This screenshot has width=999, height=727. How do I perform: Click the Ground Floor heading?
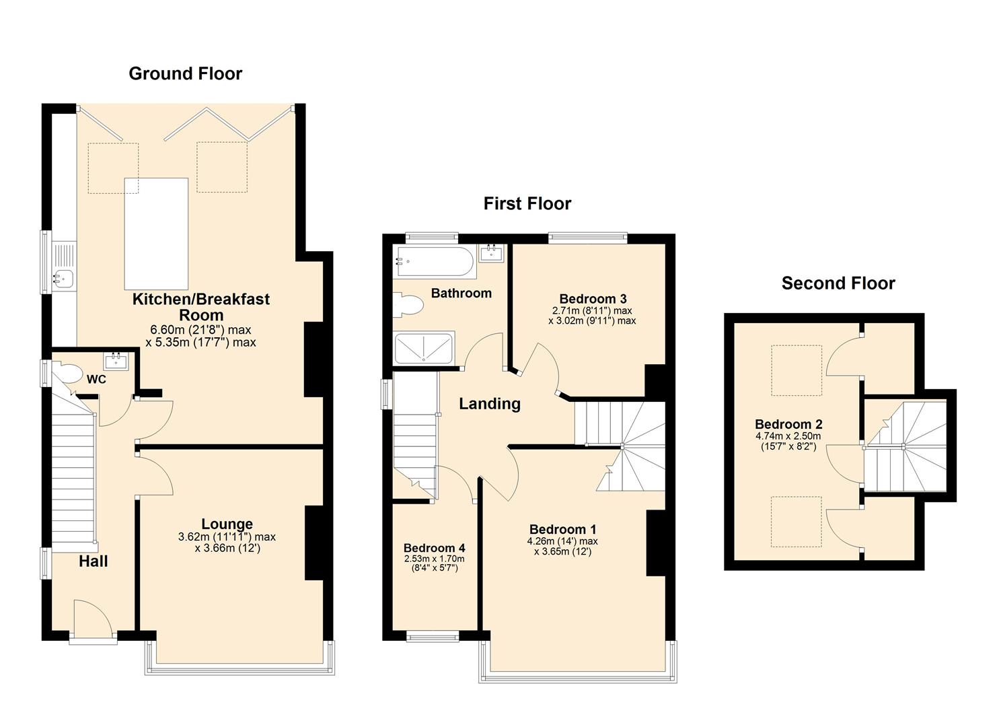185,73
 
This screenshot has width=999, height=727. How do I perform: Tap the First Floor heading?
527,203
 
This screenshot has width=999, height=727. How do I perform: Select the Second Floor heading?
838,283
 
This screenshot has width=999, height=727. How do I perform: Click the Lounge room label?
227,524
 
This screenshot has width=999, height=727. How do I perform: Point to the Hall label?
93,561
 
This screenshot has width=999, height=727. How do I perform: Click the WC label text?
96,380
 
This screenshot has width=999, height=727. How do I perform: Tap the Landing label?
489,403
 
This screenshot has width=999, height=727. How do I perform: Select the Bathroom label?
461,293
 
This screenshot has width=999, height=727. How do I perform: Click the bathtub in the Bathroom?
435,261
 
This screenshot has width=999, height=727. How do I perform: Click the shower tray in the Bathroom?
424,347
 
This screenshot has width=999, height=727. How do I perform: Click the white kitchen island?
156,234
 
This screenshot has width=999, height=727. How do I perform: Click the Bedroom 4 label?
434,548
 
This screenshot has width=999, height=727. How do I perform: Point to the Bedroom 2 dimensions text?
788,441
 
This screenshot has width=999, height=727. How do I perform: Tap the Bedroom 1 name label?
562,529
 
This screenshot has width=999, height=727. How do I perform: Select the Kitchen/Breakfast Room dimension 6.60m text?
200,330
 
